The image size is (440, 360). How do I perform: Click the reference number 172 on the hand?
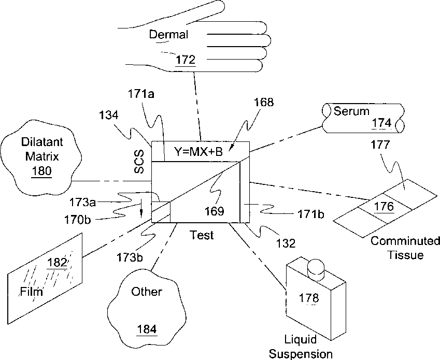pyautogui.click(x=185, y=60)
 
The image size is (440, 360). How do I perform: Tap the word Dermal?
pyautogui.click(x=168, y=35)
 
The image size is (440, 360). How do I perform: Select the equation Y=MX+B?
pyautogui.click(x=198, y=152)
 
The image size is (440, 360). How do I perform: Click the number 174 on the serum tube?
pyautogui.click(x=381, y=123)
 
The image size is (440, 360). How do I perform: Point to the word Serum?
pyautogui.click(x=351, y=111)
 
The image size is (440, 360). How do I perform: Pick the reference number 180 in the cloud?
pyautogui.click(x=41, y=171)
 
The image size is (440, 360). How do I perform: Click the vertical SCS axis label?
pyautogui.click(x=139, y=162)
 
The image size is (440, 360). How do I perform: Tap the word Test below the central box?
pyautogui.click(x=202, y=235)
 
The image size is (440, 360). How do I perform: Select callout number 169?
pyautogui.click(x=215, y=211)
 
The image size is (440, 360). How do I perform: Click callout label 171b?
pyautogui.click(x=310, y=214)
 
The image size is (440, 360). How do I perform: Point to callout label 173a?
pyautogui.click(x=82, y=202)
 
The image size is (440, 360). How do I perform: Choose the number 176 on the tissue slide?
pyautogui.click(x=384, y=206)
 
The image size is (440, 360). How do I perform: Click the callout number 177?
pyautogui.click(x=380, y=145)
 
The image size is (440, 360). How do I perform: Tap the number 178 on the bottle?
pyautogui.click(x=309, y=298)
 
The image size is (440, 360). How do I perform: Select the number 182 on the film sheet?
pyautogui.click(x=57, y=263)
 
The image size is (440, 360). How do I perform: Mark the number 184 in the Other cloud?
pyautogui.click(x=147, y=329)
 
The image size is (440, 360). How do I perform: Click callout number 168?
pyautogui.click(x=263, y=102)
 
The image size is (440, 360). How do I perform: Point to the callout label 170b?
pyautogui.click(x=77, y=220)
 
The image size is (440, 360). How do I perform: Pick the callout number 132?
pyautogui.click(x=286, y=243)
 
